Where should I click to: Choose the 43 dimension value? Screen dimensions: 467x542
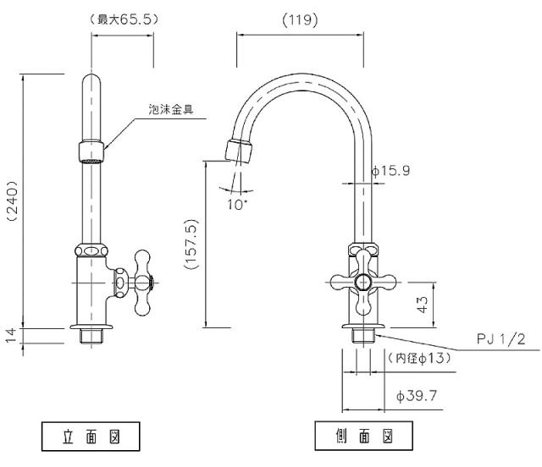tap(420, 304)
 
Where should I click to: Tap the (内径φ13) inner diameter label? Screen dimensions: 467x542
tap(418, 358)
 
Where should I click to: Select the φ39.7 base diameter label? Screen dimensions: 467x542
tap(416, 394)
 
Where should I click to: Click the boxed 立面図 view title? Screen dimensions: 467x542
tap(91, 437)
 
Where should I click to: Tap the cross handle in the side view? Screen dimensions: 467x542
tap(363, 283)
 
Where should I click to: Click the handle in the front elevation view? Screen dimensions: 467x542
tap(134, 283)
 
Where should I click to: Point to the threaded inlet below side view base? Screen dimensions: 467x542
tap(363, 335)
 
